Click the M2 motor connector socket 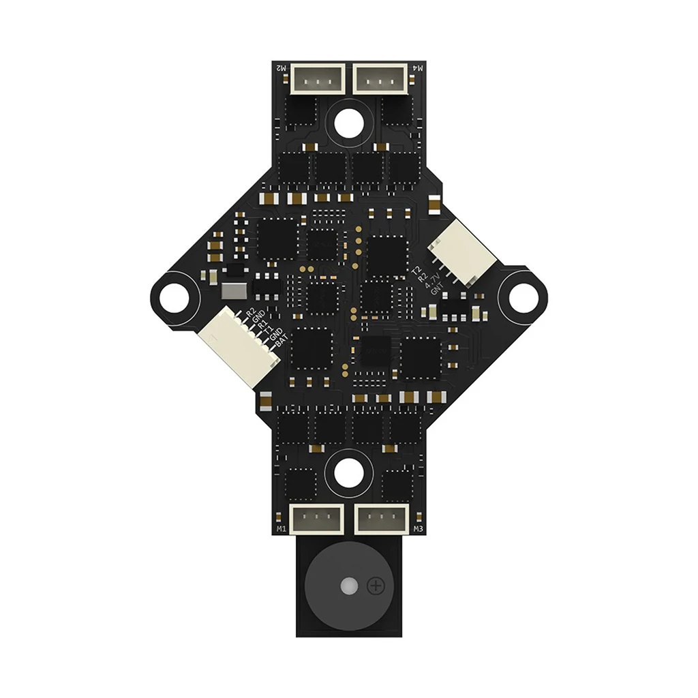pos(318,78)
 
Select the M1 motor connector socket pos(316,519)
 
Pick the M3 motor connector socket pos(382,519)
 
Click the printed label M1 pos(281,529)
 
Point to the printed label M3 pos(418,529)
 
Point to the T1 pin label pos(266,330)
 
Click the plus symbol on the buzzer pos(376,586)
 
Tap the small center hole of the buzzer pos(349,586)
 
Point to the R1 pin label pos(262,323)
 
